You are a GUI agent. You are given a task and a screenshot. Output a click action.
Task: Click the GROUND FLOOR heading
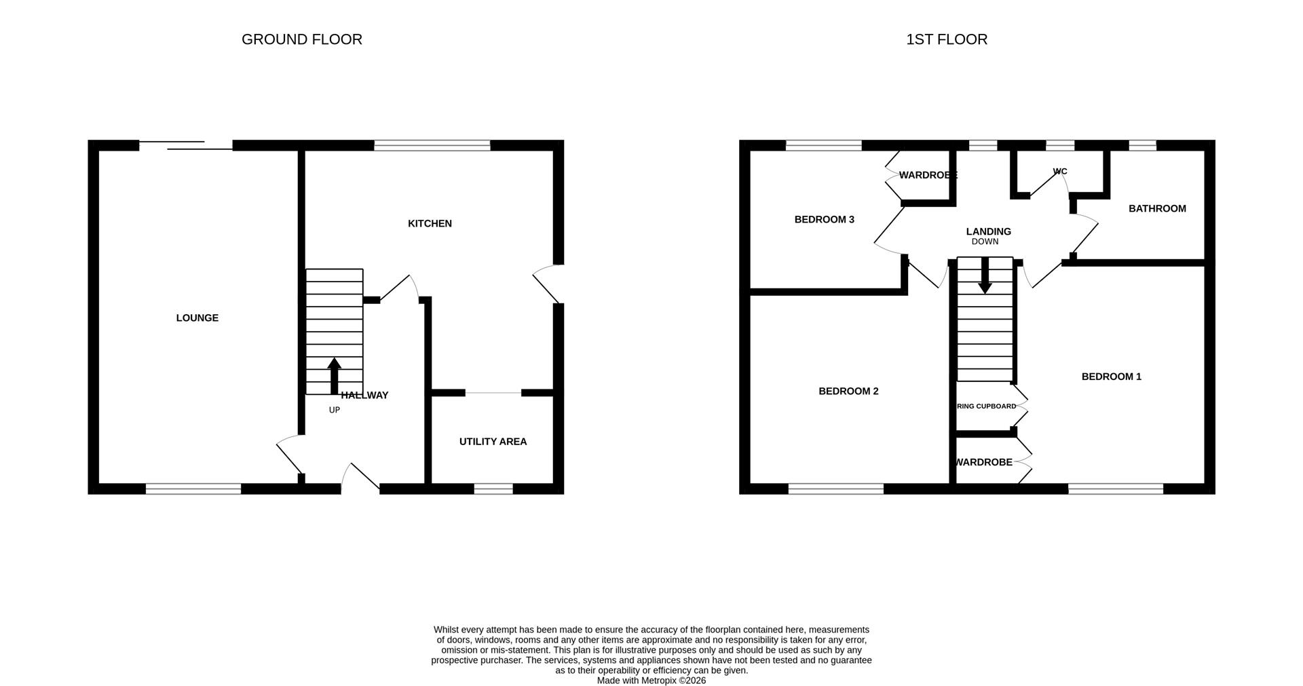[301, 39]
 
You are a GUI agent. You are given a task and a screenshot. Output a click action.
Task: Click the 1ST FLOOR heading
[946, 39]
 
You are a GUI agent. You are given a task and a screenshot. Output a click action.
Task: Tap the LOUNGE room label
[197, 318]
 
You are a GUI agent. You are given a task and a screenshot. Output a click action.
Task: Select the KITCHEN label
[430, 223]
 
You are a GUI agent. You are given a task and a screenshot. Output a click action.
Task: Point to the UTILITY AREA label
[493, 442]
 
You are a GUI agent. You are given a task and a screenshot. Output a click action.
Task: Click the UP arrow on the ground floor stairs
[334, 376]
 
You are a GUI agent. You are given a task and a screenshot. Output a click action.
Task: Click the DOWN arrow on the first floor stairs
[985, 275]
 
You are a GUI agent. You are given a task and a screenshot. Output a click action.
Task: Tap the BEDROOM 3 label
[824, 219]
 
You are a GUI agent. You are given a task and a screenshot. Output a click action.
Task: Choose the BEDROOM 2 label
[848, 391]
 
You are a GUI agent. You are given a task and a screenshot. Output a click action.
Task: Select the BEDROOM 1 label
[1111, 377]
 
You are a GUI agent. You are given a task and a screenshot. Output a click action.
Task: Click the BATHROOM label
[1157, 208]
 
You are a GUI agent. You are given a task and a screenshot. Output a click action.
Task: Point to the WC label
[1059, 172]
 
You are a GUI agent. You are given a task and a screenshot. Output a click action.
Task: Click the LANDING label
[988, 231]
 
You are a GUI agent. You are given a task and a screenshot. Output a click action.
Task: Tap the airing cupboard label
[986, 406]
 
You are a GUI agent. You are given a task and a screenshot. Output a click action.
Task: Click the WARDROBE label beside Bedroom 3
[927, 175]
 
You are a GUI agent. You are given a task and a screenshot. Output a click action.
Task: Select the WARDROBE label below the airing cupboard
[983, 462]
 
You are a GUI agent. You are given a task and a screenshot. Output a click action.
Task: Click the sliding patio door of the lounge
[185, 145]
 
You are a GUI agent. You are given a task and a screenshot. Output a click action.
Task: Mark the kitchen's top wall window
[432, 145]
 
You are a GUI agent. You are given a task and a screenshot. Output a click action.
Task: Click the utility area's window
[493, 489]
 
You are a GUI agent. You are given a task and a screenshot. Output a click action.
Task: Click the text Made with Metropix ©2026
[651, 680]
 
